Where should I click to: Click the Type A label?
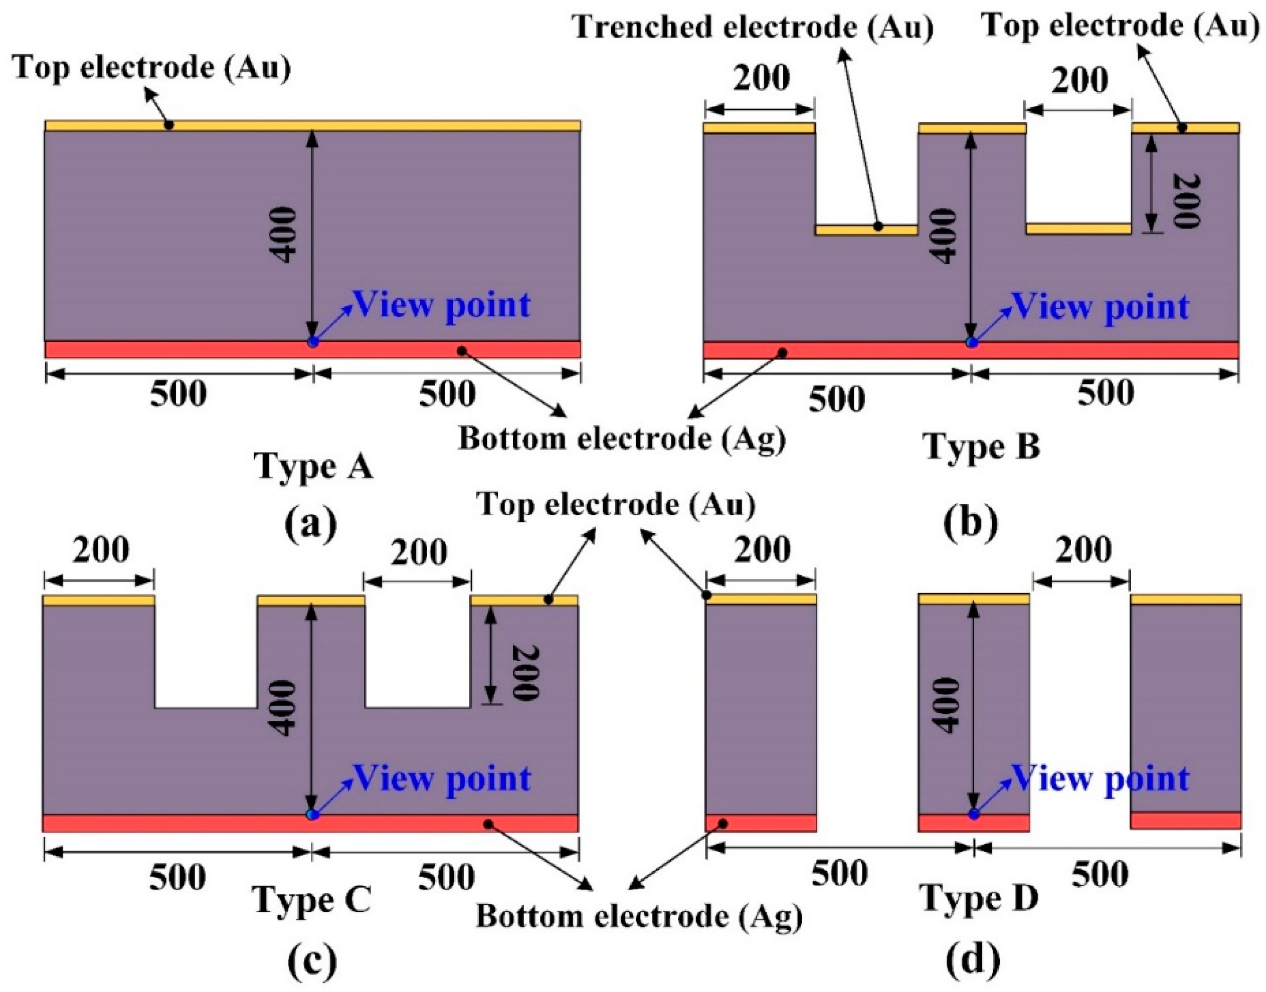pyautogui.click(x=313, y=466)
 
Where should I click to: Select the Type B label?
pyautogui.click(x=981, y=447)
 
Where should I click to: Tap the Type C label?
pyautogui.click(x=312, y=900)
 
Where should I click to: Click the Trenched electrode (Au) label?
pyautogui.click(x=754, y=27)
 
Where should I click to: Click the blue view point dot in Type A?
pyautogui.click(x=313, y=342)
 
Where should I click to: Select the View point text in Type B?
pyautogui.click(x=1101, y=306)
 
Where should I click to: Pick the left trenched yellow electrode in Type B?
pyautogui.click(x=866, y=230)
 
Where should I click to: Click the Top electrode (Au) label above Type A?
pyautogui.click(x=152, y=69)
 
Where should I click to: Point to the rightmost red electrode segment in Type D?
pyautogui.click(x=1185, y=820)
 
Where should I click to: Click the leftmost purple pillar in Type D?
pyautogui.click(x=761, y=709)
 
